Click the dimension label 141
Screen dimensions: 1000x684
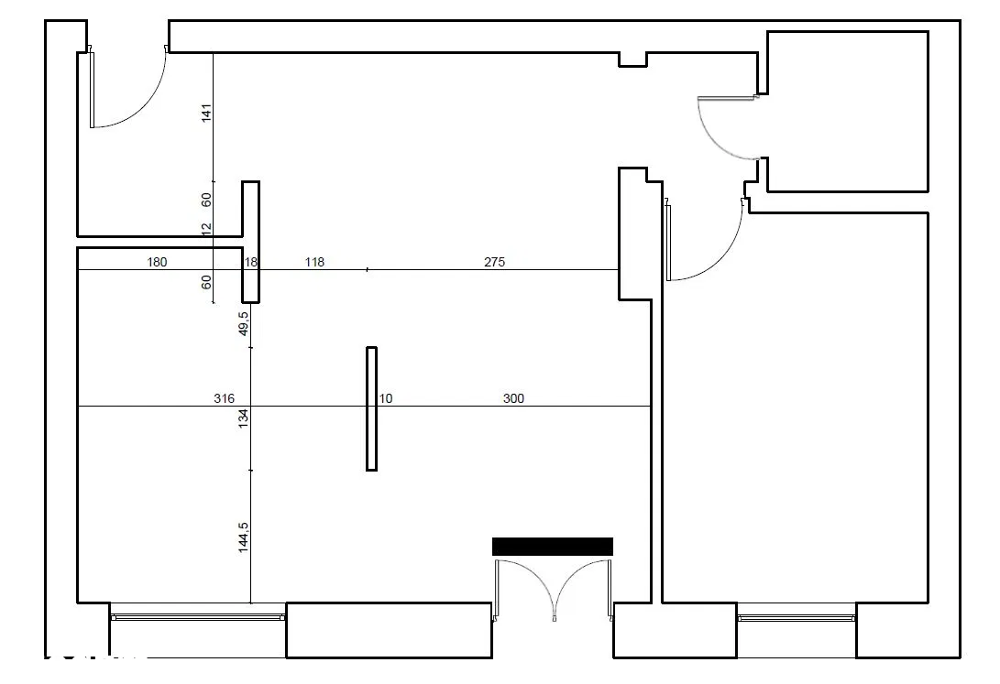(206, 114)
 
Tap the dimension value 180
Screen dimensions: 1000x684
(157, 262)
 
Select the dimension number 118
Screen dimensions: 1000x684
(314, 262)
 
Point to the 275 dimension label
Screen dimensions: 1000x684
(494, 262)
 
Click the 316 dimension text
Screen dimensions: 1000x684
(224, 398)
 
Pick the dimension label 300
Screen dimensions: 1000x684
(513, 398)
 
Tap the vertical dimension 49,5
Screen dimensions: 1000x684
(243, 323)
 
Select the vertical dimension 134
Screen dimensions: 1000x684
(243, 418)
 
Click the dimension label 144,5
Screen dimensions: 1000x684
(243, 537)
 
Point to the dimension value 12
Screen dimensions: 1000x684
(206, 229)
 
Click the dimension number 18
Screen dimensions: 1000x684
(251, 262)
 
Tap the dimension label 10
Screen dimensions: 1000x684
(386, 398)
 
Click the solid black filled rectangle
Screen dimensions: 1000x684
(553, 547)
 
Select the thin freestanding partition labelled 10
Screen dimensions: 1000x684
(372, 409)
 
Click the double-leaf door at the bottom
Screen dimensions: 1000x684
(554, 590)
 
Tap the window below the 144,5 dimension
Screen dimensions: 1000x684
(198, 616)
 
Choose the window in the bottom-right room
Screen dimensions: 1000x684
(796, 617)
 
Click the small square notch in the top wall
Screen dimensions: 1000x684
(632, 60)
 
